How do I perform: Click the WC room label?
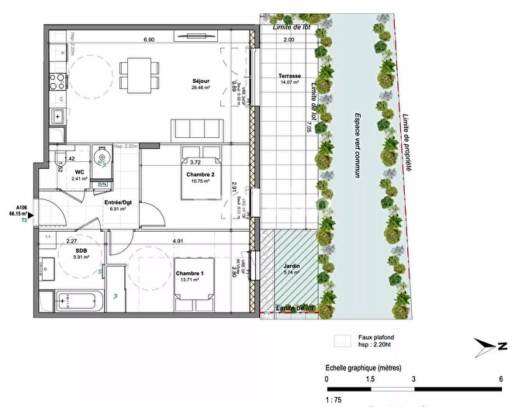79,172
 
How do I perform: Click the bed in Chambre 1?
192,281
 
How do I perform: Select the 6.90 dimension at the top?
148,39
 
